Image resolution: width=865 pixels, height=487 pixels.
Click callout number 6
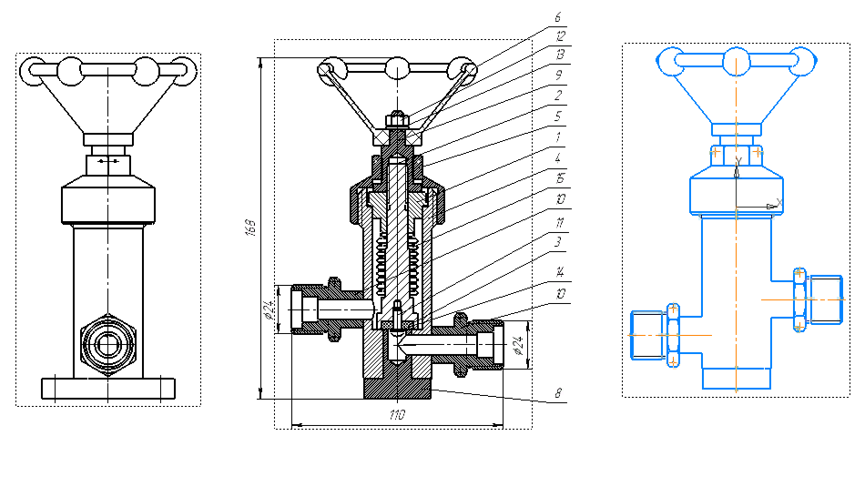tap(558, 16)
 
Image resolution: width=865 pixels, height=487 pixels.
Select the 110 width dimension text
tap(398, 415)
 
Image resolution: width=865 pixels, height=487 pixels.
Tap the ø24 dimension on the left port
tap(270, 309)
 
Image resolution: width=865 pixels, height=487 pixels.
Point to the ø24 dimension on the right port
tap(516, 345)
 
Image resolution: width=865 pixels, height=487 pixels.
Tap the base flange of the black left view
tap(107, 388)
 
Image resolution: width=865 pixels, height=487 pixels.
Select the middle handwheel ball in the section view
tap(396, 67)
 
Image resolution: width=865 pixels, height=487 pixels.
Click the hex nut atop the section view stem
tap(396, 119)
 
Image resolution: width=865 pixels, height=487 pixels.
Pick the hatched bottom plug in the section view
tap(398, 386)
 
